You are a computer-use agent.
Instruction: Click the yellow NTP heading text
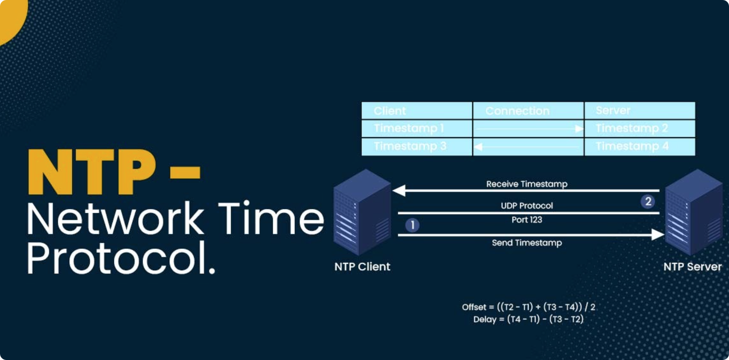coord(91,172)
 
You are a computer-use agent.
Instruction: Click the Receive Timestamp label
coord(527,184)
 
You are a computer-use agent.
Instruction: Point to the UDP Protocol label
coord(527,206)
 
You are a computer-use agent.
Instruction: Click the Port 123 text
coord(527,220)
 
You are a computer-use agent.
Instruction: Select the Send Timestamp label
coord(527,243)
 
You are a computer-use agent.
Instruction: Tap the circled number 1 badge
coord(412,225)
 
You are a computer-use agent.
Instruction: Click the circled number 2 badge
coord(648,201)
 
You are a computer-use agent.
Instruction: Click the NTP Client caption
coord(362,266)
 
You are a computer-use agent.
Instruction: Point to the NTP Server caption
coord(692,266)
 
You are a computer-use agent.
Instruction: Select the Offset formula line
coord(528,307)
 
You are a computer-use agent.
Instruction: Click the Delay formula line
coord(528,319)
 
